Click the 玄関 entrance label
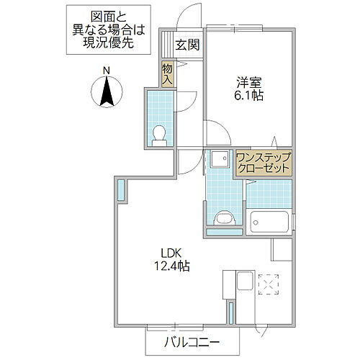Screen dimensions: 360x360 click(188, 42)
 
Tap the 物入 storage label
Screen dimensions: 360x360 click(167, 74)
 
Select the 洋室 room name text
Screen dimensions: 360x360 click(248, 81)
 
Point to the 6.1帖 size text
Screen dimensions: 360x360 click(248, 95)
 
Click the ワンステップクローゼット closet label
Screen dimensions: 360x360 click(264, 161)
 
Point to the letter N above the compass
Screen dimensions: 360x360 click(106, 70)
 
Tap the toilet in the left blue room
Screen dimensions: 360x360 click(160, 134)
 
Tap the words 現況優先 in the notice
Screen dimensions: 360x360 click(111, 42)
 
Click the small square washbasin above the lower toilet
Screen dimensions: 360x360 click(217, 160)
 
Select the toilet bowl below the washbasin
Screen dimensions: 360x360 click(224, 217)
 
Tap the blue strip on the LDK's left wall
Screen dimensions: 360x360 click(121, 189)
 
